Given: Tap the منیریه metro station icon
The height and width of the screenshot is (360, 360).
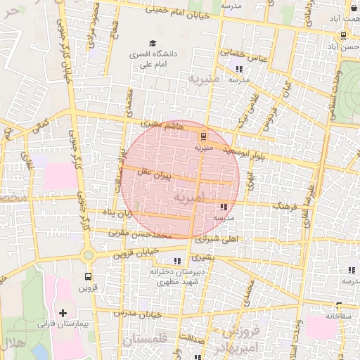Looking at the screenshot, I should pyautogui.click(x=203, y=136).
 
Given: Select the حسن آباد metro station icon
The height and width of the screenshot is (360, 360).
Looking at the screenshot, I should pyautogui.click(x=342, y=36).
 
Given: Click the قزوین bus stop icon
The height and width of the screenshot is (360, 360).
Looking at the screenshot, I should pyautogui.click(x=88, y=276).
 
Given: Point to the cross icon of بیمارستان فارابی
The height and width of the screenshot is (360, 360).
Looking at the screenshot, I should pyautogui.click(x=63, y=312).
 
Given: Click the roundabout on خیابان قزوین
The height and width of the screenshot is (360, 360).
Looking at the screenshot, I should pyautogui.click(x=89, y=255).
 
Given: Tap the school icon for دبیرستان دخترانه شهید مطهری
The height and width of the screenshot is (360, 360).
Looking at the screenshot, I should pyautogui.click(x=177, y=261).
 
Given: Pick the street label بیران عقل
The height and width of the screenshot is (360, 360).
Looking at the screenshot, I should pyautogui.click(x=157, y=174).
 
